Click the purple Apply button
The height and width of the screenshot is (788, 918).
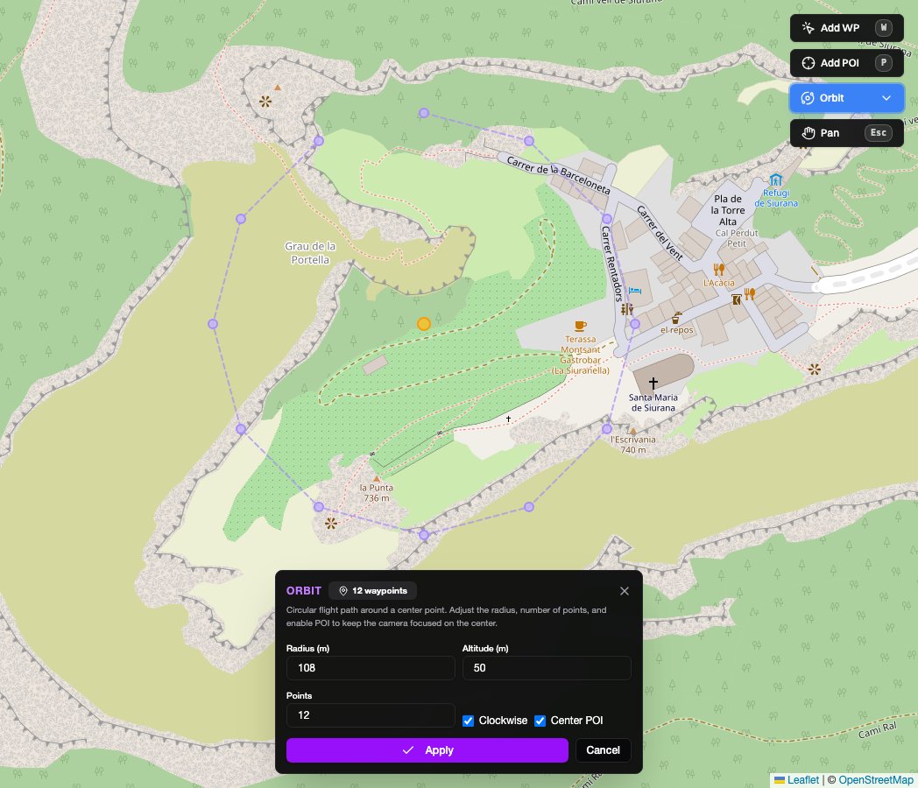(x=427, y=750)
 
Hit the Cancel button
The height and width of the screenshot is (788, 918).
(x=603, y=750)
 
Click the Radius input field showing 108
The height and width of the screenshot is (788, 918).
(x=371, y=668)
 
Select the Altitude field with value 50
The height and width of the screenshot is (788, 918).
(x=547, y=668)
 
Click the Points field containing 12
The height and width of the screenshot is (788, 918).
(x=371, y=715)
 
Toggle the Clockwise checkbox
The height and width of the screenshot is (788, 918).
(x=469, y=721)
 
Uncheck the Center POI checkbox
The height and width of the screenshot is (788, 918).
(x=540, y=721)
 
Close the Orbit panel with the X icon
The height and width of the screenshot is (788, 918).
(x=625, y=591)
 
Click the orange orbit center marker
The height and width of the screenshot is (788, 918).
(x=424, y=324)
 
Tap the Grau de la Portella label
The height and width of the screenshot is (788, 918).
(x=311, y=253)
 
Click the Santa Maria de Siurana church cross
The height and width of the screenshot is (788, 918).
(x=653, y=383)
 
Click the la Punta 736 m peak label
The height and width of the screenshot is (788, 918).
(x=376, y=492)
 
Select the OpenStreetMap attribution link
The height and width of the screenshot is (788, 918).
(x=876, y=780)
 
